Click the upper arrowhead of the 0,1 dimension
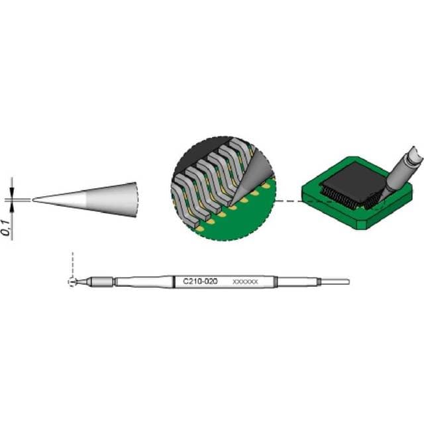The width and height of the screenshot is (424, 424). pyautogui.click(x=12, y=192)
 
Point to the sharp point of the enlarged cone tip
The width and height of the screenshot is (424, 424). pyautogui.click(x=33, y=199)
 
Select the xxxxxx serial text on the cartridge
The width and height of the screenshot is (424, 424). pyautogui.click(x=245, y=282)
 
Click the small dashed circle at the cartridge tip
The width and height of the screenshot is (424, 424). pyautogui.click(x=72, y=282)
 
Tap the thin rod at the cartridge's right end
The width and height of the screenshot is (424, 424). pyautogui.click(x=335, y=282)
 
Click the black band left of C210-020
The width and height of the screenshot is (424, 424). pyautogui.click(x=174, y=282)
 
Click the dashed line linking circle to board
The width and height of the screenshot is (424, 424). pyautogui.click(x=289, y=201)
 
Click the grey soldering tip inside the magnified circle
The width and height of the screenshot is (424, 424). pyautogui.click(x=255, y=175)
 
